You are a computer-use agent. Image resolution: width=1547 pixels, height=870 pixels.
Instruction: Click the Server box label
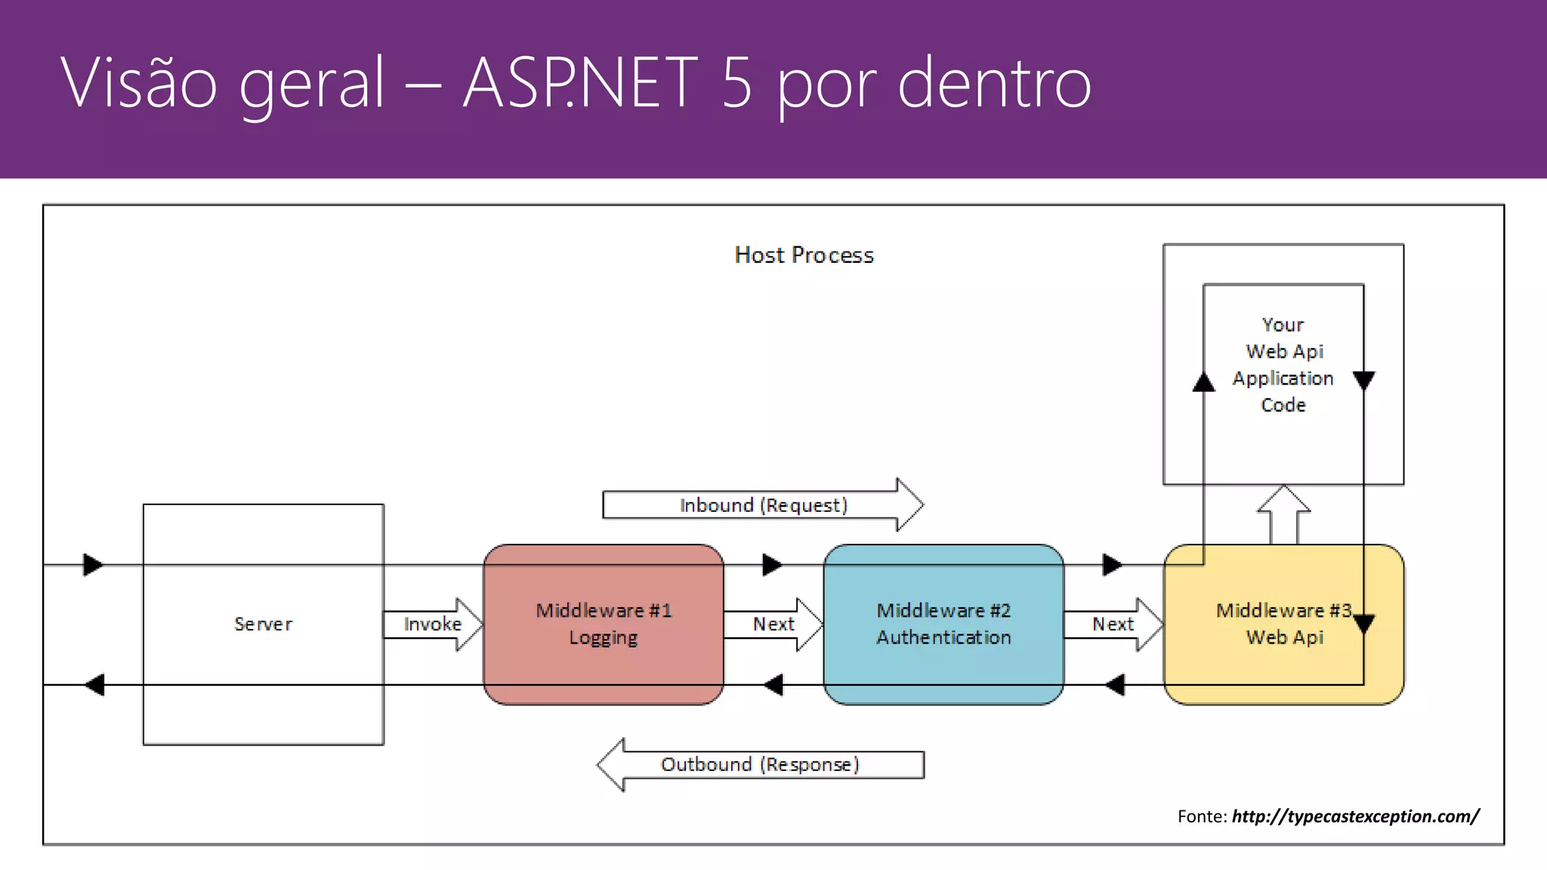tap(263, 624)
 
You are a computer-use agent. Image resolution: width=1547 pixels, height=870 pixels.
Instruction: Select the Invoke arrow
tap(433, 624)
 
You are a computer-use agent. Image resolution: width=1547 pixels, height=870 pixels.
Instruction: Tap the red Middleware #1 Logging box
tap(604, 624)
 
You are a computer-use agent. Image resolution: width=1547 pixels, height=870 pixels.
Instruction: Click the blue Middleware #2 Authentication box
tap(943, 624)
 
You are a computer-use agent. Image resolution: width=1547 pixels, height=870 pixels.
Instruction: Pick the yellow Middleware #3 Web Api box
tap(1283, 624)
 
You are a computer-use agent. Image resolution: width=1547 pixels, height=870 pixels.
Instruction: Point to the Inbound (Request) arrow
tap(763, 504)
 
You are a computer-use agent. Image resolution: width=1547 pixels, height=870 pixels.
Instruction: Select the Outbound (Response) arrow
tap(760, 764)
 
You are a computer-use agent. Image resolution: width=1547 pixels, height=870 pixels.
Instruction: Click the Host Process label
tap(804, 255)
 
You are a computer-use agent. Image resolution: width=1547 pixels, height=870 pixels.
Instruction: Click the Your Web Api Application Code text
tap(1283, 365)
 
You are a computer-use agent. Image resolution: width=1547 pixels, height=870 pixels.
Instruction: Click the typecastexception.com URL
tap(1355, 816)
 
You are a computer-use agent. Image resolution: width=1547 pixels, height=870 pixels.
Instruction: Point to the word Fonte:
tap(1202, 816)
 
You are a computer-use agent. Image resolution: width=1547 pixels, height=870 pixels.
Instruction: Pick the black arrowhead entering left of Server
tap(93, 564)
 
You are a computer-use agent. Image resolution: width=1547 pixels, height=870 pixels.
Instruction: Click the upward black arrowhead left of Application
tap(1203, 382)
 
